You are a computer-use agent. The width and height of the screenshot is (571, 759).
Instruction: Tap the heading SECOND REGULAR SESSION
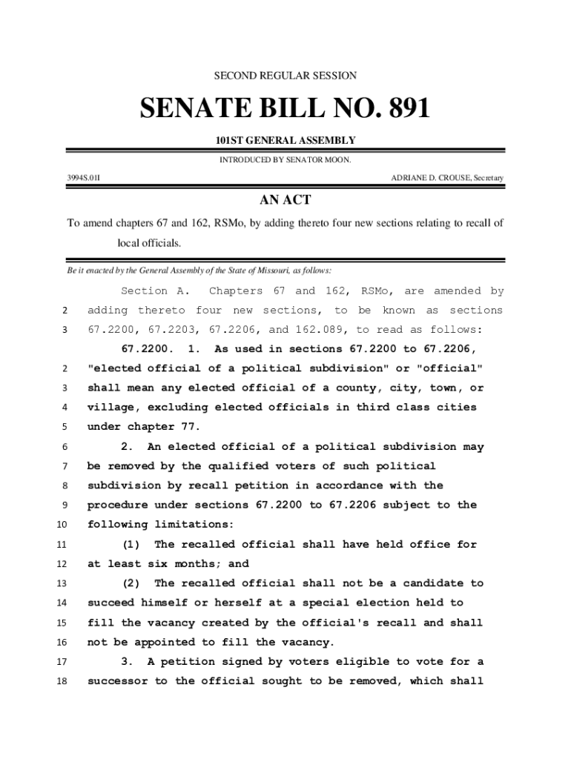tap(285, 76)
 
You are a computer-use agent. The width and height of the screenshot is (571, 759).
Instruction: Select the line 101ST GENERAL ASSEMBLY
tap(285, 141)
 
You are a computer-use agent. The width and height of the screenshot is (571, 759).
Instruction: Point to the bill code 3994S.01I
tap(83, 178)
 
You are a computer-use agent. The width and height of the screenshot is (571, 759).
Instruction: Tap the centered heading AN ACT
tap(285, 200)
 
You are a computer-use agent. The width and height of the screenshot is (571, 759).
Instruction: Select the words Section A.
tap(156, 291)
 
